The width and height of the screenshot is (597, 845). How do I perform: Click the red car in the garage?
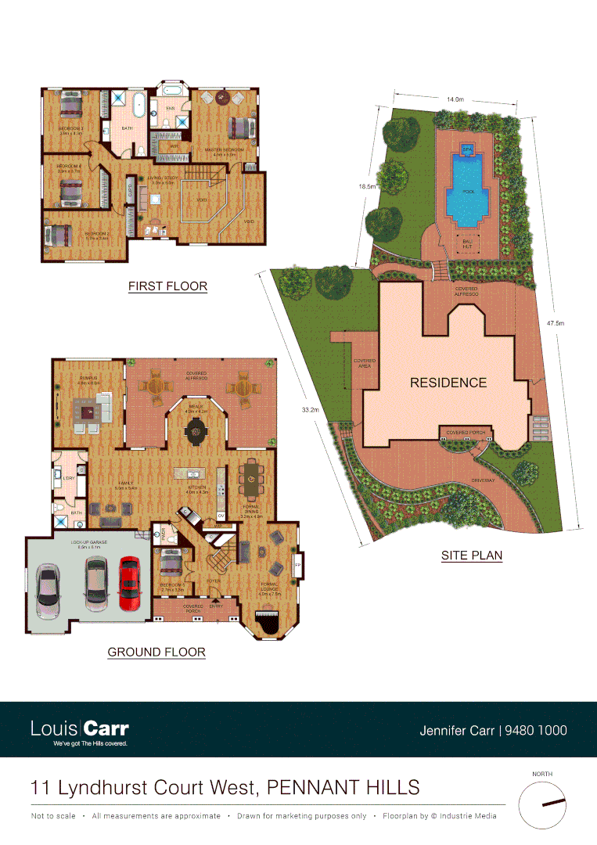click(x=130, y=584)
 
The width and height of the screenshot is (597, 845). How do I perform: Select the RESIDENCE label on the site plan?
click(x=448, y=383)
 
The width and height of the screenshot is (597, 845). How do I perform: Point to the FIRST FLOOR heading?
click(x=167, y=286)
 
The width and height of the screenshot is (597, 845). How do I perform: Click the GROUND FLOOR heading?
click(x=156, y=652)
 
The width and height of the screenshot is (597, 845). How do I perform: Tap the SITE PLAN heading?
click(x=471, y=556)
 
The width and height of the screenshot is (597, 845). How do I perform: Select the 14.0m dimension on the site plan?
click(x=455, y=99)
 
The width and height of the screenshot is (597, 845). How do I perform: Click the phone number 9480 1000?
click(x=536, y=731)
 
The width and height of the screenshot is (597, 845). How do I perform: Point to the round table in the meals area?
click(x=194, y=429)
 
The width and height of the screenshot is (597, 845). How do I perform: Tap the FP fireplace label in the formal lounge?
click(x=296, y=565)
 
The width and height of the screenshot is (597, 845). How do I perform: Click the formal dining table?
click(x=252, y=480)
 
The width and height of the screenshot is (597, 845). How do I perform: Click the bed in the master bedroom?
click(x=238, y=128)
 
